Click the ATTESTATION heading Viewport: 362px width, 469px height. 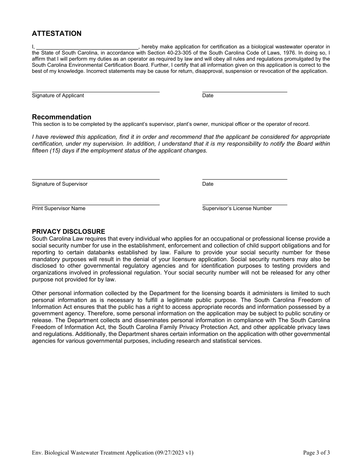click(x=56, y=34)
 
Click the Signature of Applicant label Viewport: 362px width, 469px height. click(x=58, y=96)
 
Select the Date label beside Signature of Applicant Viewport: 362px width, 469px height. click(x=208, y=96)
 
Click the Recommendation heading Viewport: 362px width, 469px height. click(x=61, y=117)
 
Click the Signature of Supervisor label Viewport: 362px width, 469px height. click(x=59, y=184)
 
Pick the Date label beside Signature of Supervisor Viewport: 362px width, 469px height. click(x=208, y=184)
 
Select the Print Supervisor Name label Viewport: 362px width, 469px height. click(x=58, y=209)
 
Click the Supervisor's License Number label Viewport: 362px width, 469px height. click(x=237, y=209)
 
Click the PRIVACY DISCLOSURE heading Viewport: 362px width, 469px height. click(x=68, y=231)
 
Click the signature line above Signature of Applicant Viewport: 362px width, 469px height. click(x=95, y=92)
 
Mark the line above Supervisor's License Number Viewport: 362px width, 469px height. click(x=244, y=205)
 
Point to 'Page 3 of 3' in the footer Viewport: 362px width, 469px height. click(x=316, y=453)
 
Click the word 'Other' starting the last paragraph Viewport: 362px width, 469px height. click(x=39, y=293)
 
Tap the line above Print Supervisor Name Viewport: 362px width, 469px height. click(x=95, y=205)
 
